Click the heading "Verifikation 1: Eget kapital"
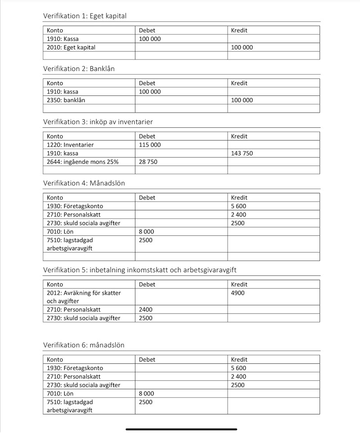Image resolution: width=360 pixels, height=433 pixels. [x=85, y=16]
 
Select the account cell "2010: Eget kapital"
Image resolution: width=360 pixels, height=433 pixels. [x=71, y=47]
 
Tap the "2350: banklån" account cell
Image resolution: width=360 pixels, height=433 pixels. [x=66, y=100]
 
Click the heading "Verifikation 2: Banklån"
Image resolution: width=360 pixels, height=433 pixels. [x=82, y=69]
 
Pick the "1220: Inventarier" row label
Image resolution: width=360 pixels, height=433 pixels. [x=70, y=144]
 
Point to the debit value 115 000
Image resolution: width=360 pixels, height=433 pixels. [x=150, y=144]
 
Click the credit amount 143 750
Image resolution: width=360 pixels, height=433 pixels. [x=242, y=153]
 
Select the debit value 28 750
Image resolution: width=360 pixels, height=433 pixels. [x=148, y=162]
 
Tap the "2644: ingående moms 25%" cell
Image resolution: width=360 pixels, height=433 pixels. [x=83, y=162]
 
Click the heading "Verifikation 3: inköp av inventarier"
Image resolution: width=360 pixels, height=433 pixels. [x=98, y=122]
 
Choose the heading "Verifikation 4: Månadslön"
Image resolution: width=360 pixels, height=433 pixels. [x=84, y=183]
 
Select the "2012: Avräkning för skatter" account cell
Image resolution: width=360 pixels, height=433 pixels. [x=84, y=293]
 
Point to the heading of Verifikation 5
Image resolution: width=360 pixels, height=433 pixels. [x=139, y=270]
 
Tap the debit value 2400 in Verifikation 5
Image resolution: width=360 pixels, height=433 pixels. [x=146, y=309]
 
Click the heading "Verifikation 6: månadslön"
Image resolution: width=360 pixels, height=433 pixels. [x=84, y=345]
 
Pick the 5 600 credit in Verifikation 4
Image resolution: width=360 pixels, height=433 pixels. [x=238, y=206]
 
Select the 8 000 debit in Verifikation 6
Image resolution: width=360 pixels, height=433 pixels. [x=146, y=393]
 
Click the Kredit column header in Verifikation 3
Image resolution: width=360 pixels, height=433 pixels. [x=239, y=136]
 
